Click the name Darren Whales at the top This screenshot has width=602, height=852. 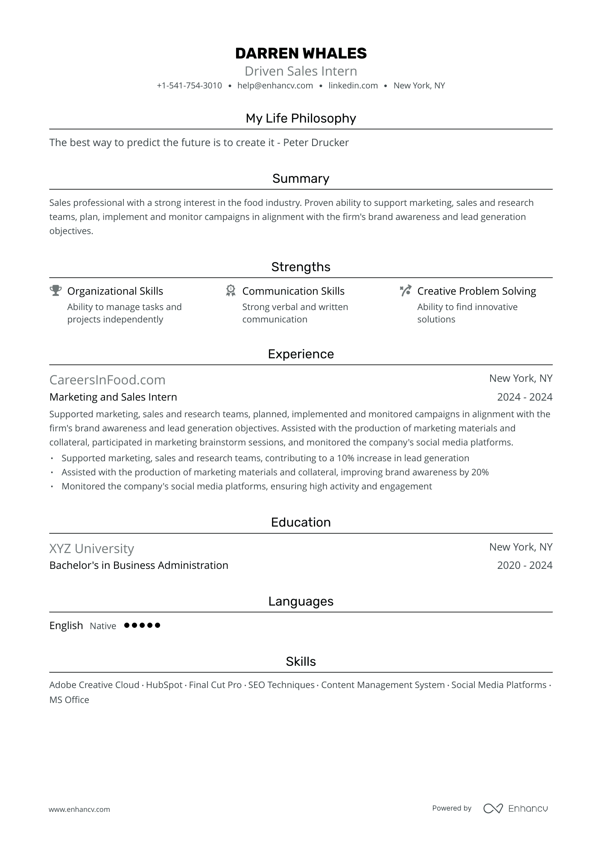(301, 53)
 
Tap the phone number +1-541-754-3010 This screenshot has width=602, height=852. (189, 85)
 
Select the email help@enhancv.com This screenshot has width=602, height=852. (275, 85)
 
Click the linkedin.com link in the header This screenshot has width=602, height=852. (353, 85)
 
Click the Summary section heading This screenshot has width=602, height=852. (301, 179)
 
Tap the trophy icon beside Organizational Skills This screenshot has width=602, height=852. (56, 291)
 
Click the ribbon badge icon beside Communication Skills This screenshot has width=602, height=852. (231, 291)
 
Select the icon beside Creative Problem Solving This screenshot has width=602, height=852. (406, 291)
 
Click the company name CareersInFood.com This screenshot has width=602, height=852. (107, 380)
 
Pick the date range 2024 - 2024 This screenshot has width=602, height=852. (524, 397)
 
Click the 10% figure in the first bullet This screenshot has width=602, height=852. (345, 458)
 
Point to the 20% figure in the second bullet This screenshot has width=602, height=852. (480, 472)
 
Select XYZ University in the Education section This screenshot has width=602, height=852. (91, 548)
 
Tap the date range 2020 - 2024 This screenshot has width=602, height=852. (524, 565)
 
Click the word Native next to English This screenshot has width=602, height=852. (103, 626)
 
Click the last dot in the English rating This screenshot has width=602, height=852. (158, 625)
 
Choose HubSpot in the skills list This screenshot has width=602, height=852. (164, 685)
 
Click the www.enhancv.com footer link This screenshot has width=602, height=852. (79, 809)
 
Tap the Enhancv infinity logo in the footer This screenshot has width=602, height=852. (493, 808)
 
